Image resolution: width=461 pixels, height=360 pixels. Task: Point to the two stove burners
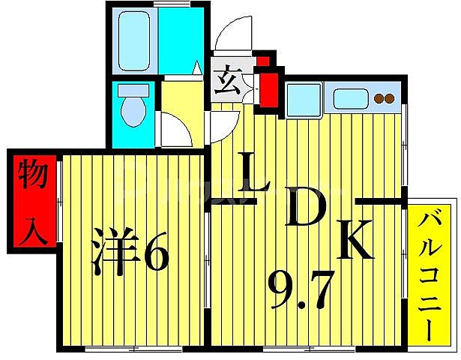[x=384, y=98]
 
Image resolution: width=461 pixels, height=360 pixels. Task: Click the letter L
[x=254, y=173]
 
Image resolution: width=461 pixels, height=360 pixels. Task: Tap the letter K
[x=354, y=240]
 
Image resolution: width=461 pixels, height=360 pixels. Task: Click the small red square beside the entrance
[x=263, y=59]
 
